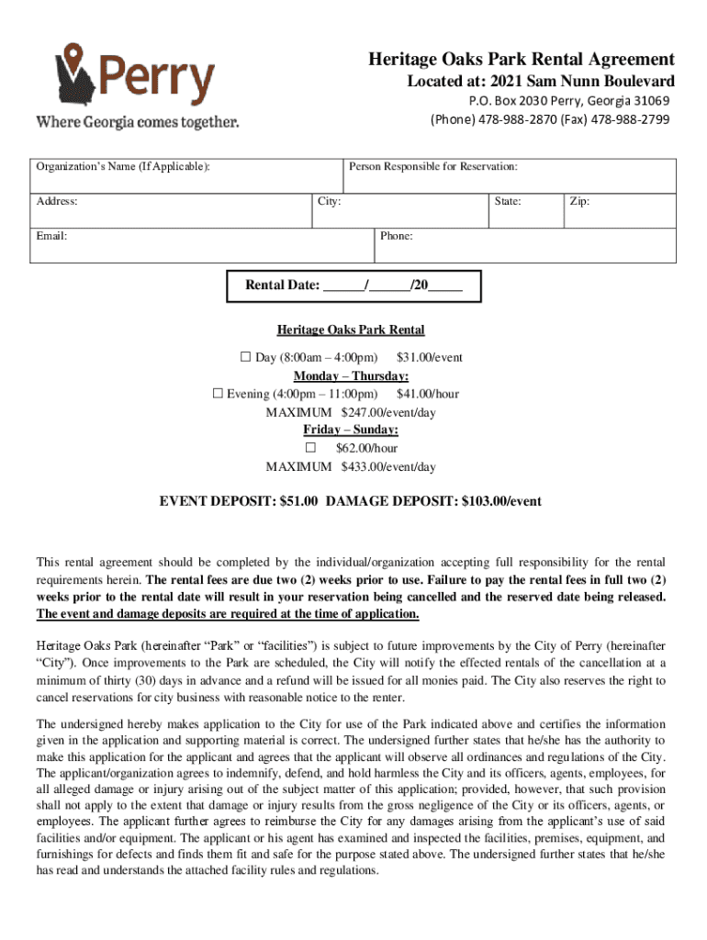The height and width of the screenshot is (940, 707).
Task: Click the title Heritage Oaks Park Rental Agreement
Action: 522,60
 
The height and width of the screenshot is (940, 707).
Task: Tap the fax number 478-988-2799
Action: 630,119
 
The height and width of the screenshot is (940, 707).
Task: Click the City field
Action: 399,208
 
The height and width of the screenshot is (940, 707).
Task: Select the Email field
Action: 202,244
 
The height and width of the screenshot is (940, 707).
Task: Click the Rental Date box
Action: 353,285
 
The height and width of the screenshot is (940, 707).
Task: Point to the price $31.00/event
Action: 429,357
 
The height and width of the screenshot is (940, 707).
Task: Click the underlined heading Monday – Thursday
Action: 351,375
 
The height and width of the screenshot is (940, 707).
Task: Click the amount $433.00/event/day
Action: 388,466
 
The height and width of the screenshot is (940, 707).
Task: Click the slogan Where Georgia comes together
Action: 137,121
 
